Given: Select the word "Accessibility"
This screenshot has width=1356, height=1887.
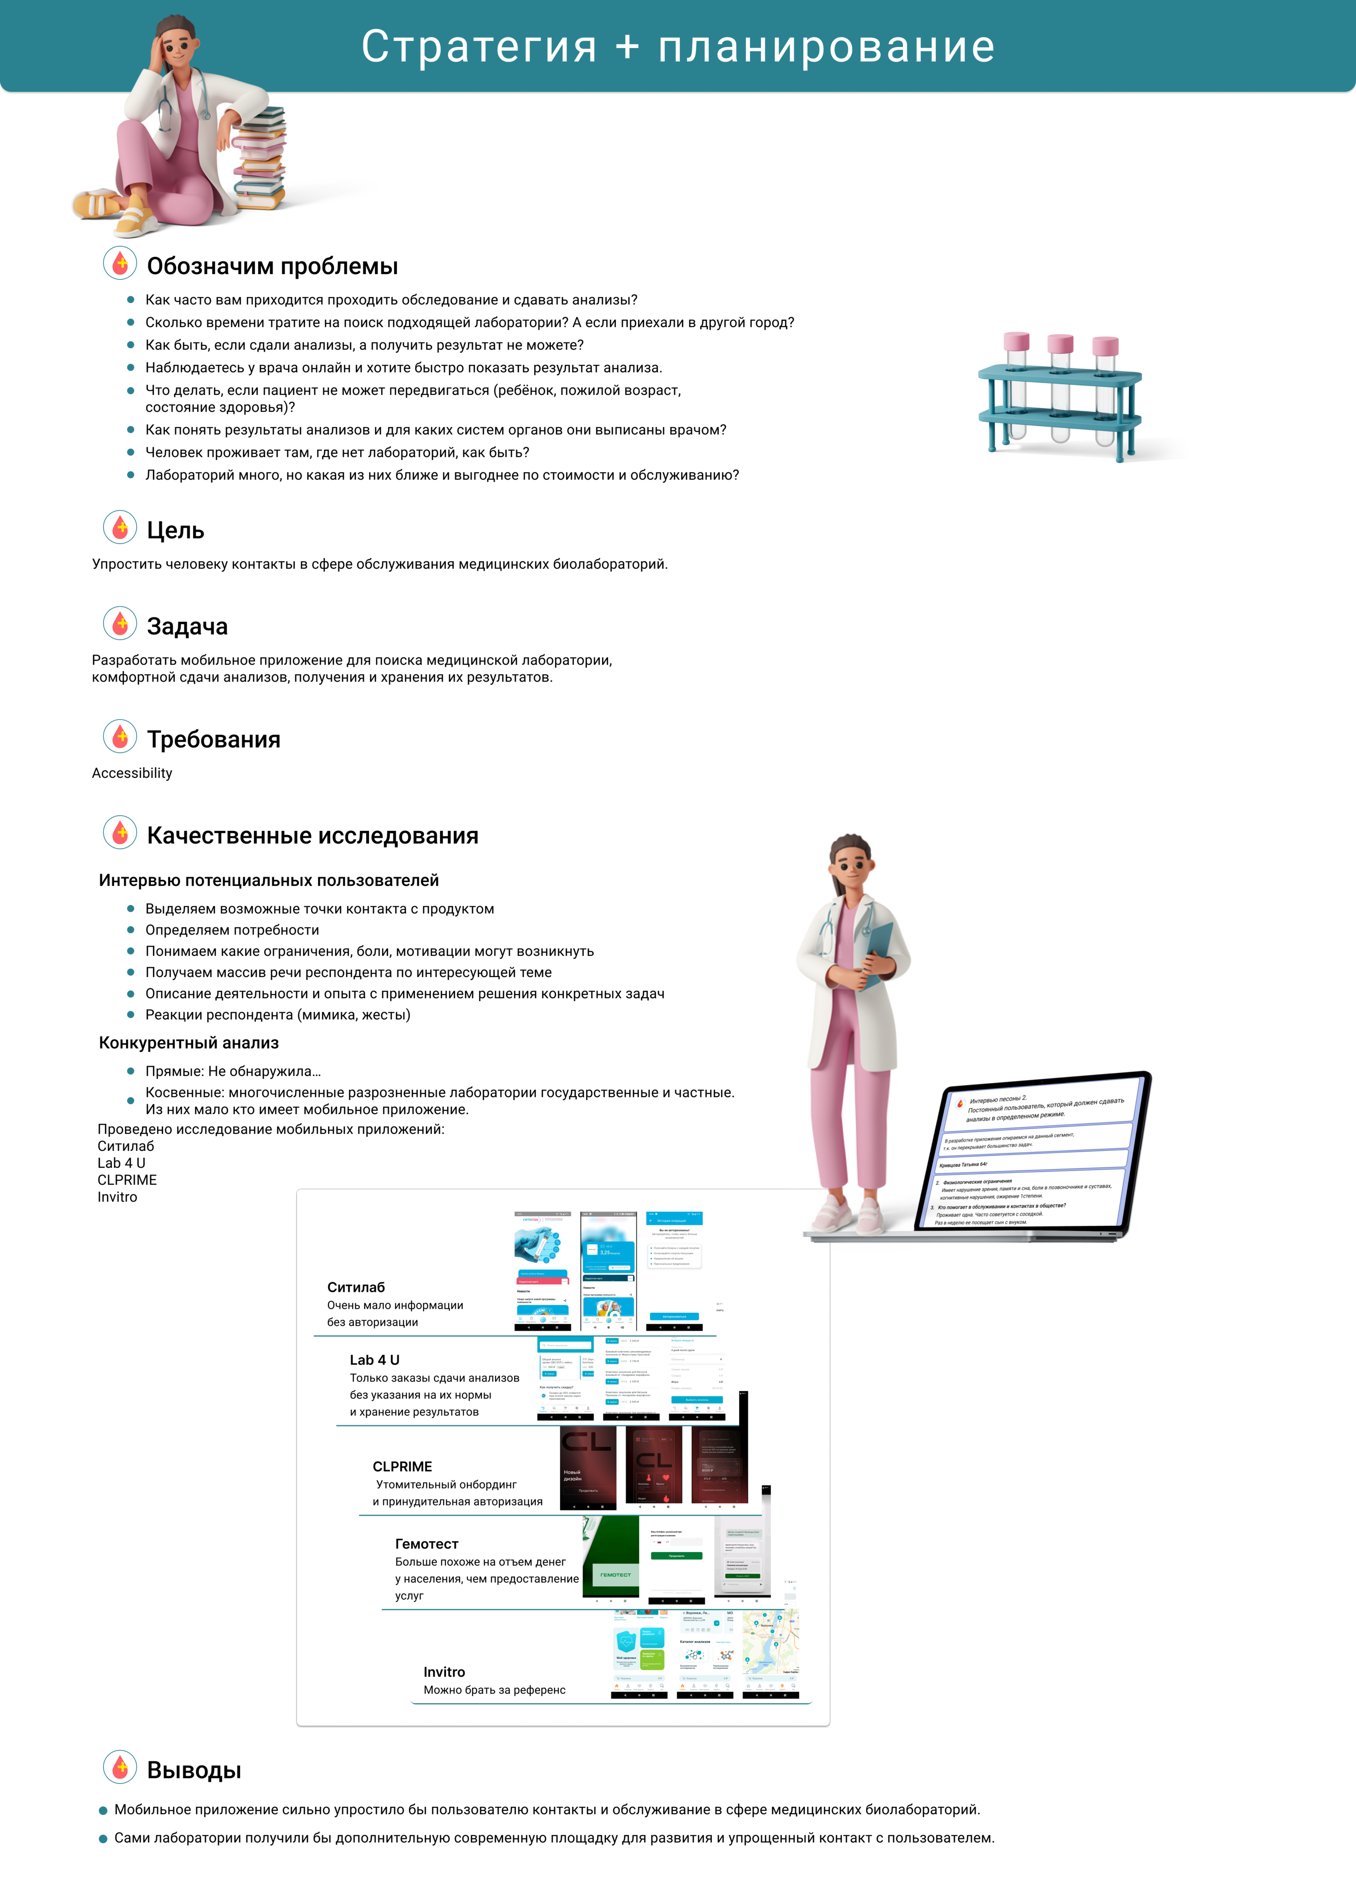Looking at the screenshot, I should [132, 773].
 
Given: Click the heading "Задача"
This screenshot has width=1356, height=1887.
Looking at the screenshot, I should [187, 626].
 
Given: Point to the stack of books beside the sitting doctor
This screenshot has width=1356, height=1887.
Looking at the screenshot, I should [260, 158].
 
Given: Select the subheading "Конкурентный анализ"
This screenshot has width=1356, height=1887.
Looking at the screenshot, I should [189, 1043].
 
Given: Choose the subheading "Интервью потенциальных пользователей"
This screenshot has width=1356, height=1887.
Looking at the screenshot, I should [269, 880].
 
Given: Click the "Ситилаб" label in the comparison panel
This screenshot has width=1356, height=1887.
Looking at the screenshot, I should [356, 1287].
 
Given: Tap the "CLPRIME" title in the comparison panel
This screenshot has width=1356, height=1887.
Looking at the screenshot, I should [403, 1466].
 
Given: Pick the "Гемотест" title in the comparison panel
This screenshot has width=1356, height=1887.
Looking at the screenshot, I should [427, 1543].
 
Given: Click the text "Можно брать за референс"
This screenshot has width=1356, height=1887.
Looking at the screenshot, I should [494, 1690].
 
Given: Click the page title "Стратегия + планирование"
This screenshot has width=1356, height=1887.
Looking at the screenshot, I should [678, 47].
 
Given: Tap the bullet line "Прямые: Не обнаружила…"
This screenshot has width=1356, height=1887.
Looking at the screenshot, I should [233, 1072].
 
